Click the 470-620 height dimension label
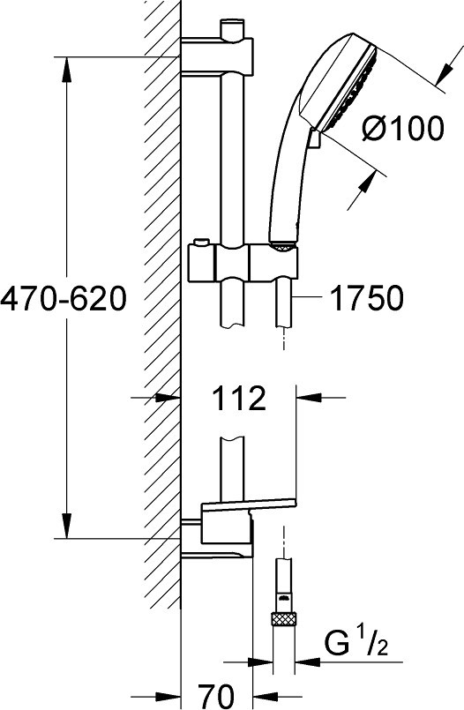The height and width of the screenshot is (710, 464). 63,299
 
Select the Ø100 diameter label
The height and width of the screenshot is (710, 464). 402,128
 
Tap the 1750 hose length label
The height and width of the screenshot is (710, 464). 367,298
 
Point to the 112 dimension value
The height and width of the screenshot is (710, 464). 238,399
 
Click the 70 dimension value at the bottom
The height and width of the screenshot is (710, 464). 216,696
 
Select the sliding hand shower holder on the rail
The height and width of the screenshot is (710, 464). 244,263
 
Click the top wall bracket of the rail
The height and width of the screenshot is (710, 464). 217,56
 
